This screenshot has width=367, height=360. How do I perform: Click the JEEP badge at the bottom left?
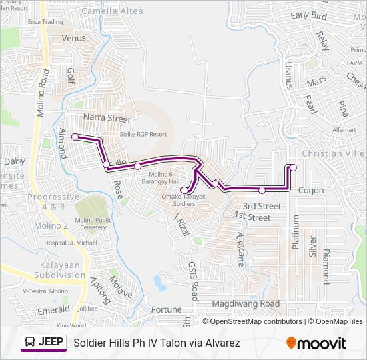43,343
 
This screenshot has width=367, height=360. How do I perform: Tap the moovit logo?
316,343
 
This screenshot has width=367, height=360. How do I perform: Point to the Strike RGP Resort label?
143,134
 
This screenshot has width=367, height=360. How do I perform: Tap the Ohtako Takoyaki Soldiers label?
179,201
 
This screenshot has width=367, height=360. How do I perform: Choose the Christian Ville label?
334,153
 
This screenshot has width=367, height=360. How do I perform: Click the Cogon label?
311,191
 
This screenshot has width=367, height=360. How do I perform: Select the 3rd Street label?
261,206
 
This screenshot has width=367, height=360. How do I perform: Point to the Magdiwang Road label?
246,303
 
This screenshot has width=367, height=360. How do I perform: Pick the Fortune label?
166,309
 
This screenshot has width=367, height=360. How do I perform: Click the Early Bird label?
309,15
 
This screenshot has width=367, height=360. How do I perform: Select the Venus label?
74,38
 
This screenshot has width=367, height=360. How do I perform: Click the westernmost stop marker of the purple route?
75,137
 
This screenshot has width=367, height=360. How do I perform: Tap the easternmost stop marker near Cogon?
294,167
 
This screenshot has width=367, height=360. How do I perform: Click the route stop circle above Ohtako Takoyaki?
184,190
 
